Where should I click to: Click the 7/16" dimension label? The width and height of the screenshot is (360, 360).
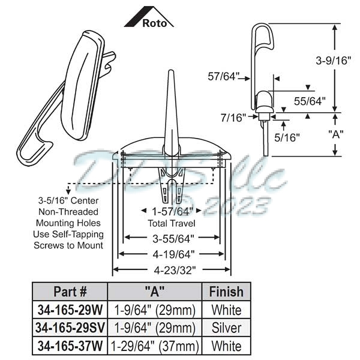[234, 118]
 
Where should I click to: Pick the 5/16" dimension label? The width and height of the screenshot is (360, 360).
[288, 136]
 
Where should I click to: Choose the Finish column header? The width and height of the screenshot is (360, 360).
[226, 292]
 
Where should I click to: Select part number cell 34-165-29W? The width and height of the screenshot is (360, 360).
[70, 310]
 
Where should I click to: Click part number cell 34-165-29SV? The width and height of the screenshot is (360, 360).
[70, 328]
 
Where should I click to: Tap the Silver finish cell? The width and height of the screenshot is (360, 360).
[226, 328]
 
